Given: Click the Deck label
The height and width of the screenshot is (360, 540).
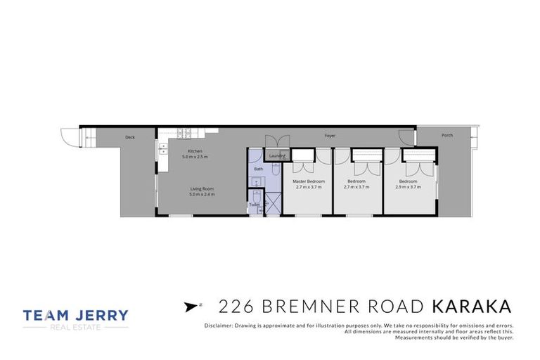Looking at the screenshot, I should (x=130, y=137).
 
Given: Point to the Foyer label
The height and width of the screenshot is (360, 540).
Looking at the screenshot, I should (x=330, y=135).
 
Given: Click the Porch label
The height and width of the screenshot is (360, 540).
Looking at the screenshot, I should (x=447, y=135).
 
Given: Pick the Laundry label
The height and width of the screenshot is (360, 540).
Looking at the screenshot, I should (x=276, y=156).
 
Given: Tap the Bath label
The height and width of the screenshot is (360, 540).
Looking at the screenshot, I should (x=258, y=169).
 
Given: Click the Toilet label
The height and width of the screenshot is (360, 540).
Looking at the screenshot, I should (x=254, y=205).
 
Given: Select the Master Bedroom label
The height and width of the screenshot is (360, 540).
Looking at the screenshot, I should (x=309, y=181).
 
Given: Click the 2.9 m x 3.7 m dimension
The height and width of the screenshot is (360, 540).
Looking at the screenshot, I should (x=408, y=187).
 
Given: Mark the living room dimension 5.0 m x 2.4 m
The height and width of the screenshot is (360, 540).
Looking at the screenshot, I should (x=202, y=194).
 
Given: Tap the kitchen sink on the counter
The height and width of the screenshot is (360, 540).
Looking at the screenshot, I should (x=163, y=148).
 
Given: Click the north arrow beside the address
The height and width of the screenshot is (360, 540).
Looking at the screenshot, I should (x=189, y=306).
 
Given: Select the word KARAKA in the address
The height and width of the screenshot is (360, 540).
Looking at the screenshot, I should (x=470, y=307).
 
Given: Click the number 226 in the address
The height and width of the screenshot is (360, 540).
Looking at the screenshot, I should (x=236, y=307).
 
